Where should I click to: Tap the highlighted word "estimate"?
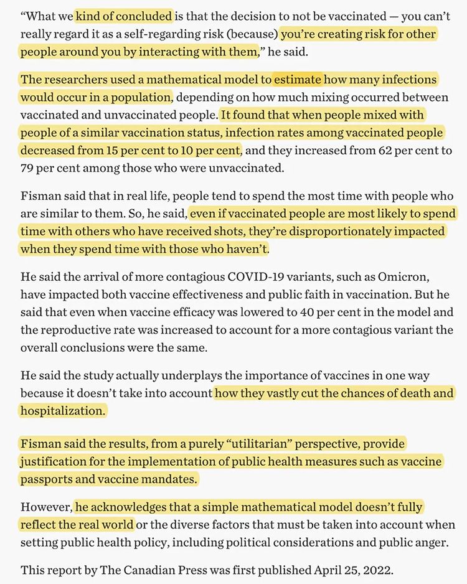[297, 80]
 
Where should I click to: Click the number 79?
[29, 168]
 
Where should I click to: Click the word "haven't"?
[247, 249]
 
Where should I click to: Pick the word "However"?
[45, 507]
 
